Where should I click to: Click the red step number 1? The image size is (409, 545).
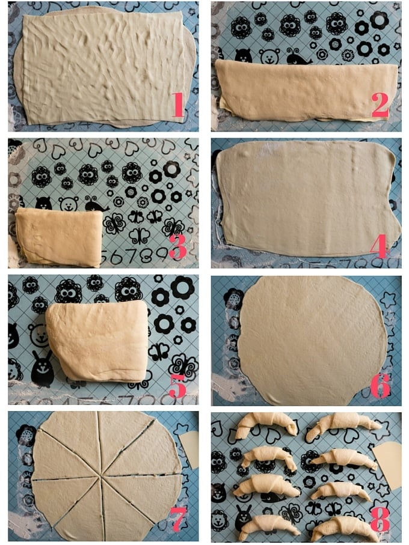pos(177,105)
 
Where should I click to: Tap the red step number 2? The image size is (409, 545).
pos(380,105)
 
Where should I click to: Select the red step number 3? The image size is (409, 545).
pos(178,246)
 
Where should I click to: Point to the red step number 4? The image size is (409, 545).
pos(379,246)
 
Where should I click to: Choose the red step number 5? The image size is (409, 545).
pos(177,386)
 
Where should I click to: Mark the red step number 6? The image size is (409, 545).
pos(381,386)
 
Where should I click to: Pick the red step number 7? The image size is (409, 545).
pos(177,519)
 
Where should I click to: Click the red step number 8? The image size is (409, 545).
pos(380,519)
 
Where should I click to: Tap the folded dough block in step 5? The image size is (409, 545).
pos(97,341)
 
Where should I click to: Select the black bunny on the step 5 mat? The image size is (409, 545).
pos(43,368)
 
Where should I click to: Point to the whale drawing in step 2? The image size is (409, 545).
pos(299,56)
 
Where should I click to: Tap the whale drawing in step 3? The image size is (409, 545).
pos(97,204)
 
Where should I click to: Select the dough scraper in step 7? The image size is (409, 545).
pos(189,449)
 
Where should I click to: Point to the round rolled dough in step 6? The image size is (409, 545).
pos(312,340)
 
